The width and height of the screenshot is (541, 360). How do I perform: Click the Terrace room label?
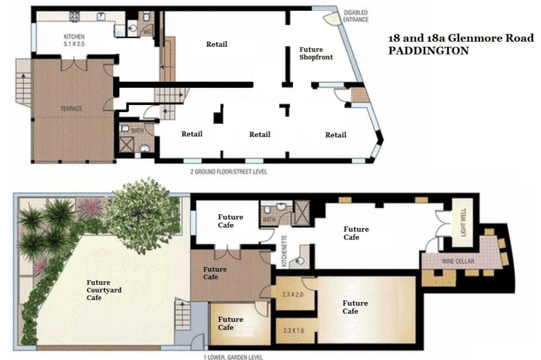(71, 109)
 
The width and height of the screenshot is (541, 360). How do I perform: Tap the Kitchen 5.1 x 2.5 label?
(74, 40)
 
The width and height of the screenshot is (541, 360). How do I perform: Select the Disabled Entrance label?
(356, 16)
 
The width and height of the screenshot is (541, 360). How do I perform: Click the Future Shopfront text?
(316, 53)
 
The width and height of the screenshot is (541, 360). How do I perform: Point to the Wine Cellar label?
(458, 261)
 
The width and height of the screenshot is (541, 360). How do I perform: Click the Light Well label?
(463, 222)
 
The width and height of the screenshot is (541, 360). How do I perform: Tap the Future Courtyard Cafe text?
(104, 290)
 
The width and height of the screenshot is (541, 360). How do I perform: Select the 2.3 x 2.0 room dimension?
(292, 295)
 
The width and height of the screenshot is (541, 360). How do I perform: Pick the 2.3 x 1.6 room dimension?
(293, 330)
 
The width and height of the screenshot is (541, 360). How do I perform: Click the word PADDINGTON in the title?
(428, 51)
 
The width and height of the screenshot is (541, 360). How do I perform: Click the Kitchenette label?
(285, 251)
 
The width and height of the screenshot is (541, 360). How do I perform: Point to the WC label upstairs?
(147, 32)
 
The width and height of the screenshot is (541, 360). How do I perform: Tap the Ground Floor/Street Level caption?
(229, 171)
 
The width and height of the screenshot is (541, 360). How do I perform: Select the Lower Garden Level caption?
(233, 357)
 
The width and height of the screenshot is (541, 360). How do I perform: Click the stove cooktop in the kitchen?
(75, 15)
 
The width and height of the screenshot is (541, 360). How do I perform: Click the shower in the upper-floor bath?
(126, 144)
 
